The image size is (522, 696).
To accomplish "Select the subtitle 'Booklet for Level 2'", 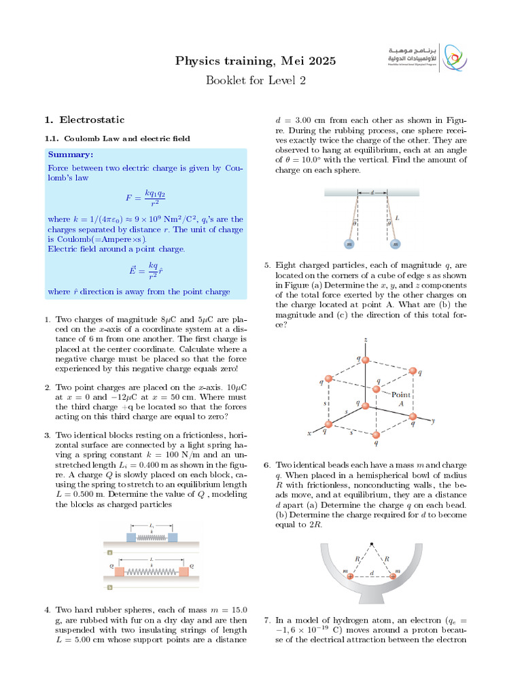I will (x=256, y=80).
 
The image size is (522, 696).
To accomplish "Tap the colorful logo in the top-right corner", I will (x=453, y=58).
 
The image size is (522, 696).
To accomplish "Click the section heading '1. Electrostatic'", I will (x=84, y=120).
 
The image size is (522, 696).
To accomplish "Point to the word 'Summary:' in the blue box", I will (x=70, y=155).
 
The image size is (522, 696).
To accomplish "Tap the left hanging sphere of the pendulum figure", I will (x=349, y=243).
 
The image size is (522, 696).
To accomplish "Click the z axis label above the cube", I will (x=366, y=339).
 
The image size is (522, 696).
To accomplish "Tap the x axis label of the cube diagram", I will (x=309, y=433).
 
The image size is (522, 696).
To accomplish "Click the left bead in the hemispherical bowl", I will (x=351, y=576).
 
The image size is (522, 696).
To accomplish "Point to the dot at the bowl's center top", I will (x=372, y=543).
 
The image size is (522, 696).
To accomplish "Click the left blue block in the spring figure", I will (x=132, y=537).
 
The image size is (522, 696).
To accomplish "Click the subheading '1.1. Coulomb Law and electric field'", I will (x=117, y=138).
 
